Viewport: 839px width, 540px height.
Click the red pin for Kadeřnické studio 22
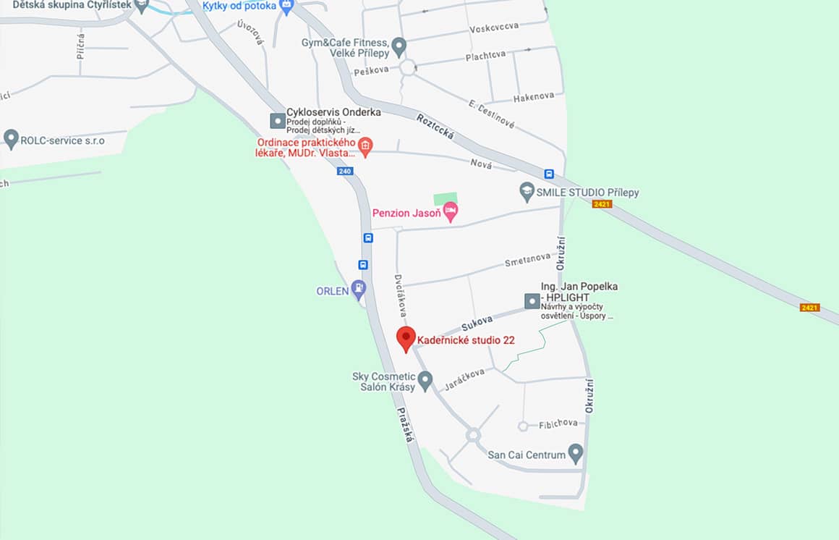tap(406, 338)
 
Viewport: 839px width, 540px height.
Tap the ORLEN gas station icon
tap(358, 290)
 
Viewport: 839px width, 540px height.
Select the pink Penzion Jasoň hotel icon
tap(451, 212)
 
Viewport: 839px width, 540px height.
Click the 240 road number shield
tap(344, 172)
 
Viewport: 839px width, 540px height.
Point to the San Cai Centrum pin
tap(576, 453)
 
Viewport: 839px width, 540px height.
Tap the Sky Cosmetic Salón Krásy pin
tap(425, 379)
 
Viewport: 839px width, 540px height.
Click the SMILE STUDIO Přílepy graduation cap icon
tap(527, 192)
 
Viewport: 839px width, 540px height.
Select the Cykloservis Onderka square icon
tap(277, 121)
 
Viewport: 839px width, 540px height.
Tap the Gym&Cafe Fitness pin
tap(399, 47)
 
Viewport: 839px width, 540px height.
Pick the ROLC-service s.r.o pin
tap(11, 138)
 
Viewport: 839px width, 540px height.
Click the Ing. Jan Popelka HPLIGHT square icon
tap(532, 300)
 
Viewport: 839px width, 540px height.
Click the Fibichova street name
tap(558, 423)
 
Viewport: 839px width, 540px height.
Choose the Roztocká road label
tap(435, 128)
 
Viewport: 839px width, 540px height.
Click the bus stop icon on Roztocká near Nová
tap(549, 174)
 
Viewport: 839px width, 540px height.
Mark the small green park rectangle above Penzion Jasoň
tap(446, 198)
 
